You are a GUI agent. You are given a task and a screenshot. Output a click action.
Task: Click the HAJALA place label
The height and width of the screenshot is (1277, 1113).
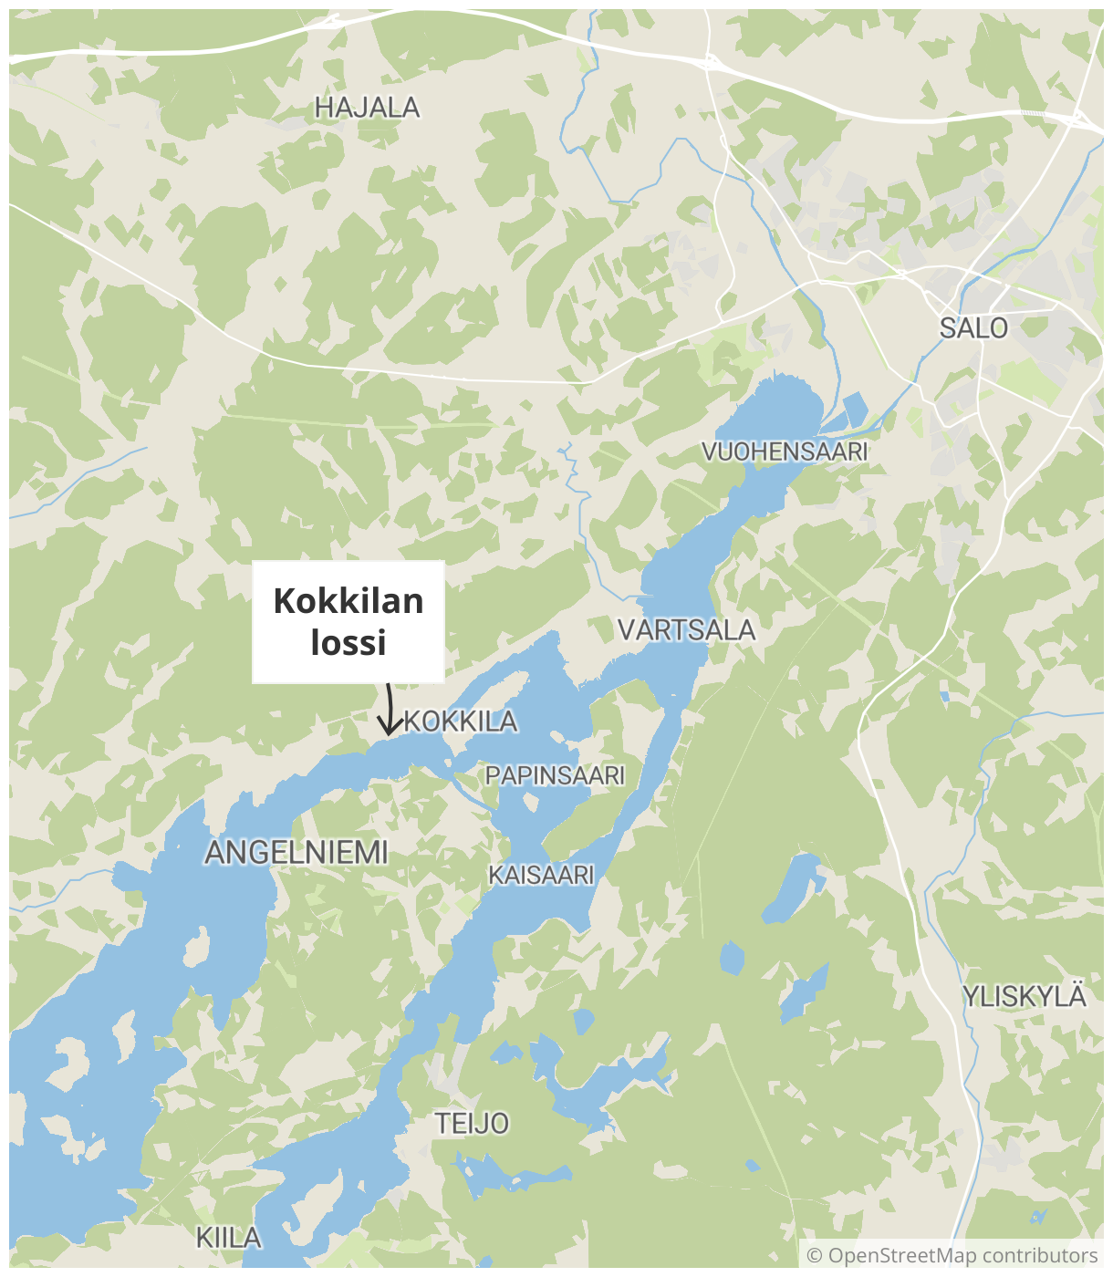tap(367, 108)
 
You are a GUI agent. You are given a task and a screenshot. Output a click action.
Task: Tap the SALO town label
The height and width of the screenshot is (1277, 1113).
tap(973, 328)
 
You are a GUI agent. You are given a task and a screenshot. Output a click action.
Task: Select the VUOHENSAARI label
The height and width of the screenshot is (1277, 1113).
tap(784, 452)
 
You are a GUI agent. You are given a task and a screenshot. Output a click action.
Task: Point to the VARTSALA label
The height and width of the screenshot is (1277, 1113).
tap(686, 629)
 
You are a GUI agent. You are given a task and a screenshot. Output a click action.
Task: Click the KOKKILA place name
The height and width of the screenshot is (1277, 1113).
tap(461, 722)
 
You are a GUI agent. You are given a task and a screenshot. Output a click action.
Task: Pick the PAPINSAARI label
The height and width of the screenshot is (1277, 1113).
tap(555, 775)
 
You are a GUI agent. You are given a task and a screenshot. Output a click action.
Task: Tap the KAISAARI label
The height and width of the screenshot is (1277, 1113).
tap(541, 875)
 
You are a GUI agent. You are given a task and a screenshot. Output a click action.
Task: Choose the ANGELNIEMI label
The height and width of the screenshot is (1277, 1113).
tap(296, 853)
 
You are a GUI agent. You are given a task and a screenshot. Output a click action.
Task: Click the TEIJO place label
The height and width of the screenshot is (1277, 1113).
tap(471, 1123)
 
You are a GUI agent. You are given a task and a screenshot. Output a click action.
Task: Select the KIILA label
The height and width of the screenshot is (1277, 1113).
tap(228, 1238)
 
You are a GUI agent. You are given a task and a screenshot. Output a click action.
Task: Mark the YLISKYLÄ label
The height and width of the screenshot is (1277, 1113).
tap(1025, 996)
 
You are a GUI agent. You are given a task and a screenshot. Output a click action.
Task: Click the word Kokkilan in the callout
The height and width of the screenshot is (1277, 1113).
tap(348, 601)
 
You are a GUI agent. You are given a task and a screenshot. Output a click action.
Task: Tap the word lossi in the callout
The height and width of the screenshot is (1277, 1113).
tap(348, 642)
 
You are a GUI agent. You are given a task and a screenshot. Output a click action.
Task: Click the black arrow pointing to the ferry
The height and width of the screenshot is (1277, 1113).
tap(390, 711)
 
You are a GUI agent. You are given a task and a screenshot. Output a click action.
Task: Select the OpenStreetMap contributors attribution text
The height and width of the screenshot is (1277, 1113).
tap(962, 1256)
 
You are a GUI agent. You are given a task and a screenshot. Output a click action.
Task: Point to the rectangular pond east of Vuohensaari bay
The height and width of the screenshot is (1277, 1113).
tap(855, 410)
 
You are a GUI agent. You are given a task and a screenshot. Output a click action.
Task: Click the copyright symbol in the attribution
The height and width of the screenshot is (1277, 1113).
tap(815, 1256)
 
